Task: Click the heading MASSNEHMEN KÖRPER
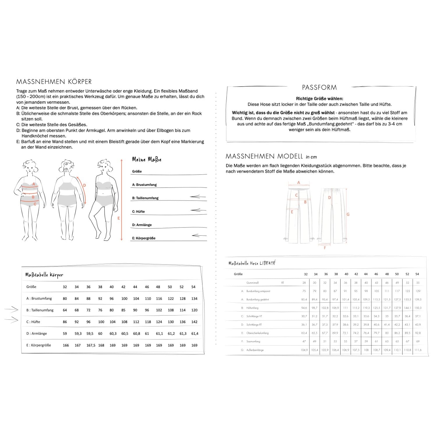pos(54,82)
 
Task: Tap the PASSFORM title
pos(319,87)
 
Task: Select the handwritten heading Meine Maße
pos(147,159)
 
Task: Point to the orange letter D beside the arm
pos(84,185)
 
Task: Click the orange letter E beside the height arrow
pos(119,218)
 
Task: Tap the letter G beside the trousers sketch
pos(348,214)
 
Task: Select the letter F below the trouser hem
pos(325,248)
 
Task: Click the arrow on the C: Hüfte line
pos(198,210)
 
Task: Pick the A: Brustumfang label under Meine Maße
pos(145,185)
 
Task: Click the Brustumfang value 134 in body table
pos(194,299)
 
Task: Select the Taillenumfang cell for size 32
pos(65,310)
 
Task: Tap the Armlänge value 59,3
pos(78,334)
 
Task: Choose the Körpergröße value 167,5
pos(91,345)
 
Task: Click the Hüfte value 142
pos(194,322)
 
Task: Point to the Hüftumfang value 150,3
pos(417,308)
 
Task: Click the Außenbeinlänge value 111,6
pos(417,350)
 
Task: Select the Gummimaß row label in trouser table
pos(253,283)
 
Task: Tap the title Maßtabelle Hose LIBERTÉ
pos(252,263)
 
